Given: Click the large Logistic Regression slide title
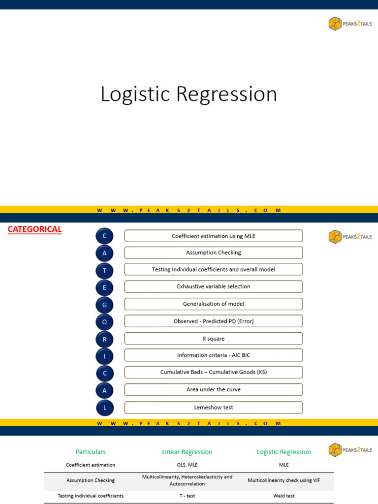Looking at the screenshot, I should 189,94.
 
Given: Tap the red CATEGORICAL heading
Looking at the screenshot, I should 34,229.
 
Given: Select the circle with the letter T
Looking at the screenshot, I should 104,270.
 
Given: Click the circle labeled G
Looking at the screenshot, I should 104,304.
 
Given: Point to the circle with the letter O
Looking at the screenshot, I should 104,322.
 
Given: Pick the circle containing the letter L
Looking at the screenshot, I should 104,408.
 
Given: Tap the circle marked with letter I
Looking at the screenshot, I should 104,356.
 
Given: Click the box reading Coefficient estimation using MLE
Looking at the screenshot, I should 213,236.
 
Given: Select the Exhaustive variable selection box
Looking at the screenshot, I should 213,286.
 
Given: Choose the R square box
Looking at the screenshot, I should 213,339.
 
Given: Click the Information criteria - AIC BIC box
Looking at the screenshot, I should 213,355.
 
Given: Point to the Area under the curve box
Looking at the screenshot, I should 213,389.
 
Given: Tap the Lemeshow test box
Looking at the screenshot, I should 213,408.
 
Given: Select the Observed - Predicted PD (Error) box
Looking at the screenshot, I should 213,321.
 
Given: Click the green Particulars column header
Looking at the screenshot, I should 91,452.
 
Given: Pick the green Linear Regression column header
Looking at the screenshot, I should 187,452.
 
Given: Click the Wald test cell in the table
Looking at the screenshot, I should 284,496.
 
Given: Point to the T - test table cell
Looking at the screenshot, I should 187,496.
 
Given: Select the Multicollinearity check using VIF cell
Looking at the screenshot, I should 284,480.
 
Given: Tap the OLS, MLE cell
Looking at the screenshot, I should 187,465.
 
